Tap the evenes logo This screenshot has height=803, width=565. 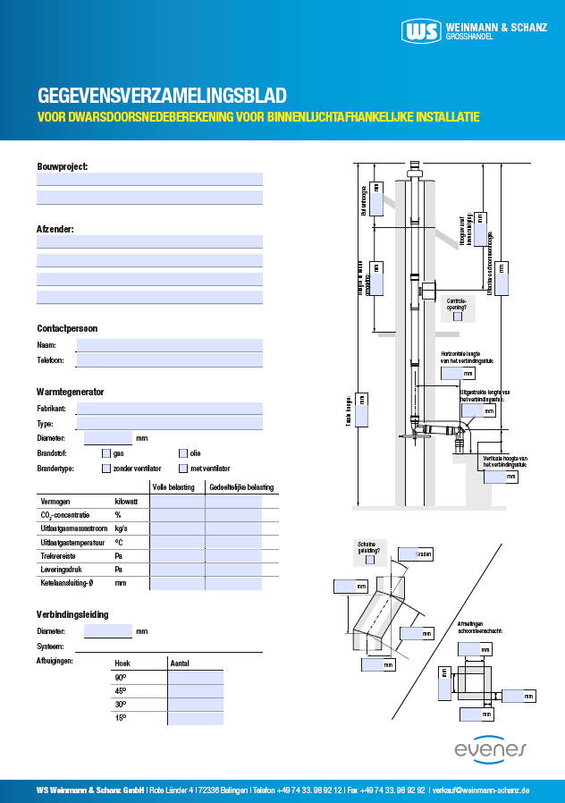pyautogui.click(x=491, y=749)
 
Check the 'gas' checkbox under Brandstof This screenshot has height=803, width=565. pyautogui.click(x=106, y=453)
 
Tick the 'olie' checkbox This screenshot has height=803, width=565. pyautogui.click(x=183, y=453)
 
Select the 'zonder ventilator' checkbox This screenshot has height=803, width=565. pyautogui.click(x=106, y=468)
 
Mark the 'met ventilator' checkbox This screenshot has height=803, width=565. pyautogui.click(x=183, y=468)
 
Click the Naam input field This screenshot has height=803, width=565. pyautogui.click(x=169, y=345)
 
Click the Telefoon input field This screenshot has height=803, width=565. pyautogui.click(x=169, y=359)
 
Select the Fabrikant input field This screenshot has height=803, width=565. pyautogui.click(x=169, y=409)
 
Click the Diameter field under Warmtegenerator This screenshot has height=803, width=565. pyautogui.click(x=107, y=438)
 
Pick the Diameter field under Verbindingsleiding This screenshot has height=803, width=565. pyautogui.click(x=107, y=631)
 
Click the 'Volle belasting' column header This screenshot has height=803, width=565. pyautogui.click(x=176, y=487)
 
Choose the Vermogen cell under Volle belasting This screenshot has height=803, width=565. pyautogui.click(x=177, y=502)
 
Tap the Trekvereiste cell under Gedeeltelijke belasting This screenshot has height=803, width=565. pyautogui.click(x=233, y=555)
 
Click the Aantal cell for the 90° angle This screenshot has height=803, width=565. pyautogui.click(x=195, y=677)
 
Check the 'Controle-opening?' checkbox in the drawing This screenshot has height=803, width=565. pyautogui.click(x=457, y=316)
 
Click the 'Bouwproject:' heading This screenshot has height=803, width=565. pyautogui.click(x=62, y=167)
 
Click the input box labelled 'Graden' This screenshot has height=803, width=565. pyautogui.click(x=408, y=554)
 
